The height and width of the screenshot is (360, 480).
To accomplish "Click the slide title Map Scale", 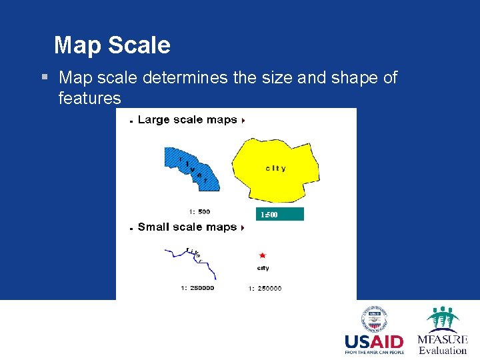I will (112, 45).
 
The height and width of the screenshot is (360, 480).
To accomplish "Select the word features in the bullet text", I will (89, 99).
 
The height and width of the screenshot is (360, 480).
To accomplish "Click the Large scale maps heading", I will (187, 120).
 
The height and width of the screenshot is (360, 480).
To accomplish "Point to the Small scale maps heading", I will (187, 227).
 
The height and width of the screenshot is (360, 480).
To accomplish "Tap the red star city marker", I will (263, 255).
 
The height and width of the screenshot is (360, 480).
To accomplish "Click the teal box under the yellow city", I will (281, 214).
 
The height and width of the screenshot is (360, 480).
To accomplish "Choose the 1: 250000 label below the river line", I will (197, 288).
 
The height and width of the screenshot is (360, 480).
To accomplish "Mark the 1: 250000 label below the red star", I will (265, 288).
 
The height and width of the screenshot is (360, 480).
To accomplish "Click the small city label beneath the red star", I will (263, 268).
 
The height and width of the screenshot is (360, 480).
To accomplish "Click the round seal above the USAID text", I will (375, 319).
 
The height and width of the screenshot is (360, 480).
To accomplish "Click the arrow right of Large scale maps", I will (243, 121).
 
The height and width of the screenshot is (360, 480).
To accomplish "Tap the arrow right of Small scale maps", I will (243, 228).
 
